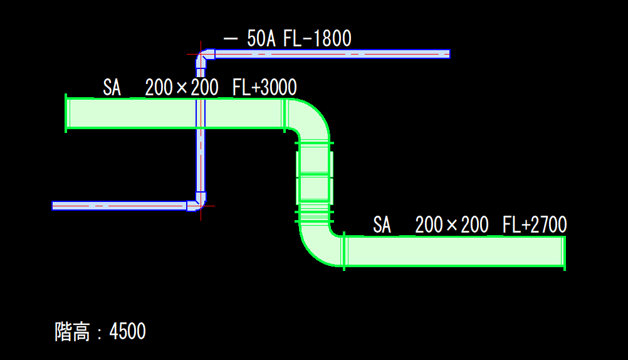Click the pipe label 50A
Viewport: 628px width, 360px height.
click(261, 39)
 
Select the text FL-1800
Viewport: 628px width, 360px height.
click(317, 39)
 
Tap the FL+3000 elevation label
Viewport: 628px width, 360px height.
click(264, 88)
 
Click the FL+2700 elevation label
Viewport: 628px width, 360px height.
click(535, 225)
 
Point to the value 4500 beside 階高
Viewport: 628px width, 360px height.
click(127, 331)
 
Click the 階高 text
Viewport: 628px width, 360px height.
click(72, 331)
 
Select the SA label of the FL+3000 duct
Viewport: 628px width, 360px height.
click(112, 88)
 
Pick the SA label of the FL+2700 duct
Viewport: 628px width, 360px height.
click(382, 225)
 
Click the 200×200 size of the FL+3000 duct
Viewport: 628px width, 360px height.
click(182, 88)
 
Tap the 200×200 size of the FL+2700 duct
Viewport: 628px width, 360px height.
click(452, 225)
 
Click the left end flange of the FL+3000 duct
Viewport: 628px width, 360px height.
click(66, 113)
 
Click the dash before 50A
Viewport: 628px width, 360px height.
click(230, 39)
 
